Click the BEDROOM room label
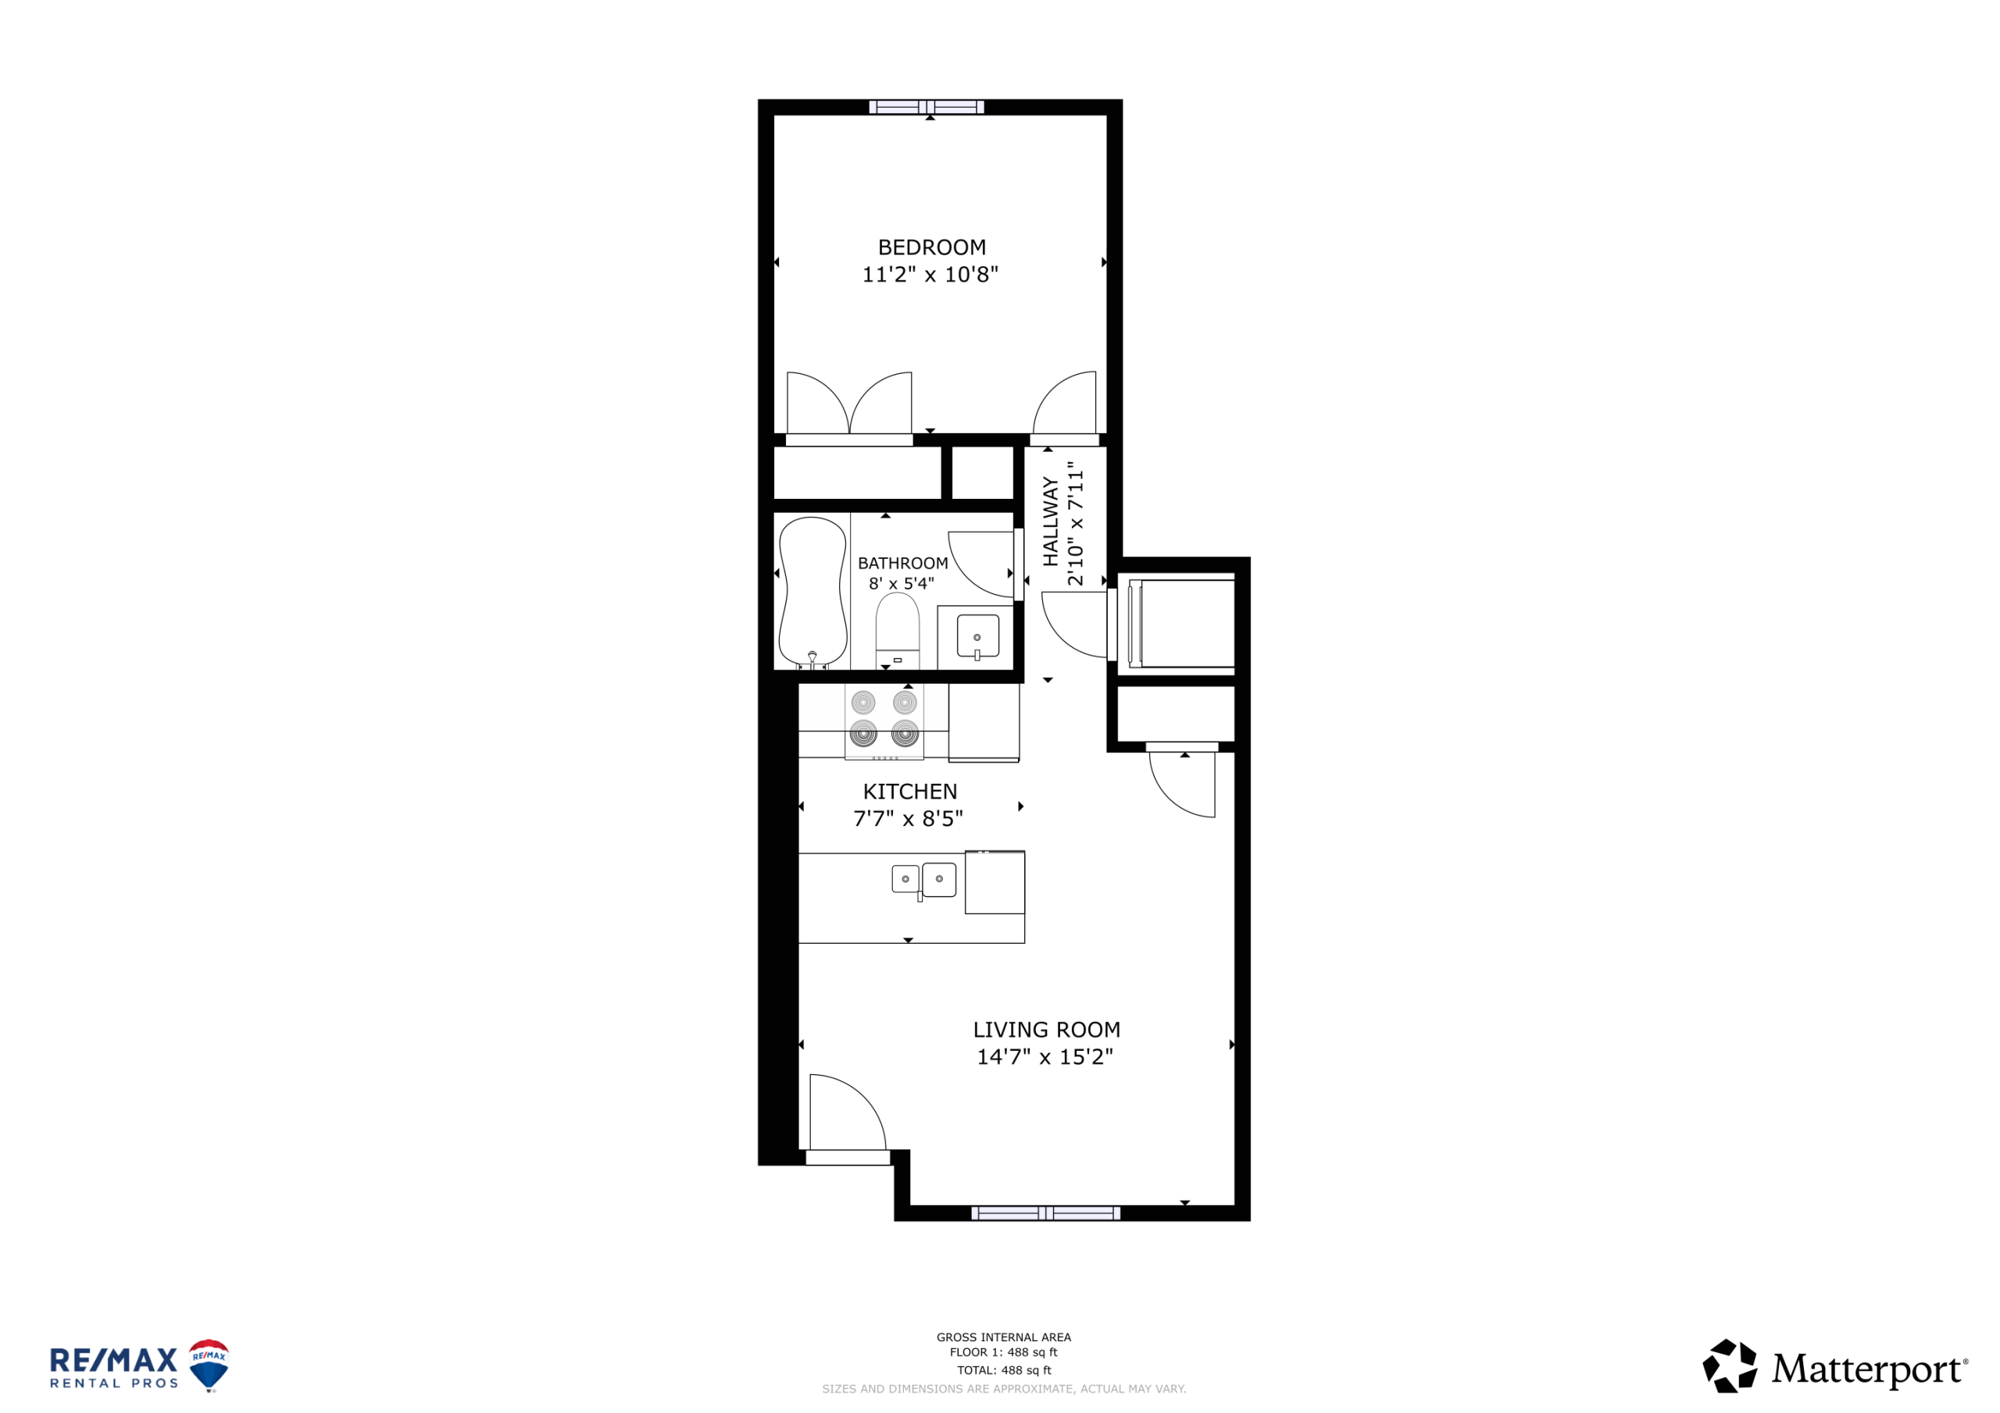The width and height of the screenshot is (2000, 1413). pos(931,247)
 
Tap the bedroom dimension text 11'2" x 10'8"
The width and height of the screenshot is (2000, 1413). pos(930,274)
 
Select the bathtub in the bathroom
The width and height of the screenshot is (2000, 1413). pos(812,593)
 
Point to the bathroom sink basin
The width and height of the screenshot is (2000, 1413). pos(977,636)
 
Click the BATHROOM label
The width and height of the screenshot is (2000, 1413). pos(902,564)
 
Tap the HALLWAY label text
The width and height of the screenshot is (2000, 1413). pos(1051,521)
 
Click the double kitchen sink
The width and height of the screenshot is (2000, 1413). pos(923,879)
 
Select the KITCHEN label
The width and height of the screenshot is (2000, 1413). pos(909,792)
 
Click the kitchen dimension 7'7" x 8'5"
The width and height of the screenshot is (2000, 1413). pos(908,818)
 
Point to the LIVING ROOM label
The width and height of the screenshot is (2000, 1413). pos(1046,1030)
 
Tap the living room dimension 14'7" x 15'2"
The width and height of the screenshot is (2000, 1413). pos(1045,1057)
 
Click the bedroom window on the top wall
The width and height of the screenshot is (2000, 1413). pos(926,107)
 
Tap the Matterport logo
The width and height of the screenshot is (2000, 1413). pos(1834,1366)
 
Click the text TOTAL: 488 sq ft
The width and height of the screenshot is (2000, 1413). pos(1003,1370)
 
